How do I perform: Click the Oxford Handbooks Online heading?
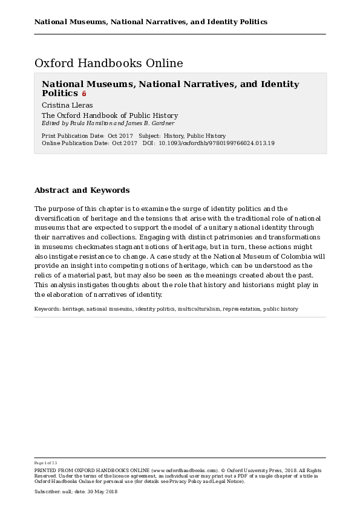(x=108, y=63)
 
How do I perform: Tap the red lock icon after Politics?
(x=84, y=94)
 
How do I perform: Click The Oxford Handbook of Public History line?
(x=110, y=115)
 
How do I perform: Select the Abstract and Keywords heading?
(x=82, y=190)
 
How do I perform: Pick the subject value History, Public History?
(x=194, y=137)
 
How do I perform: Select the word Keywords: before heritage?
(x=48, y=309)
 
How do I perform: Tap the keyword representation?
(x=241, y=309)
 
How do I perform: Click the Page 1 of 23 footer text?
(x=45, y=463)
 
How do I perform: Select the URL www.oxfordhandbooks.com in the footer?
(x=185, y=470)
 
